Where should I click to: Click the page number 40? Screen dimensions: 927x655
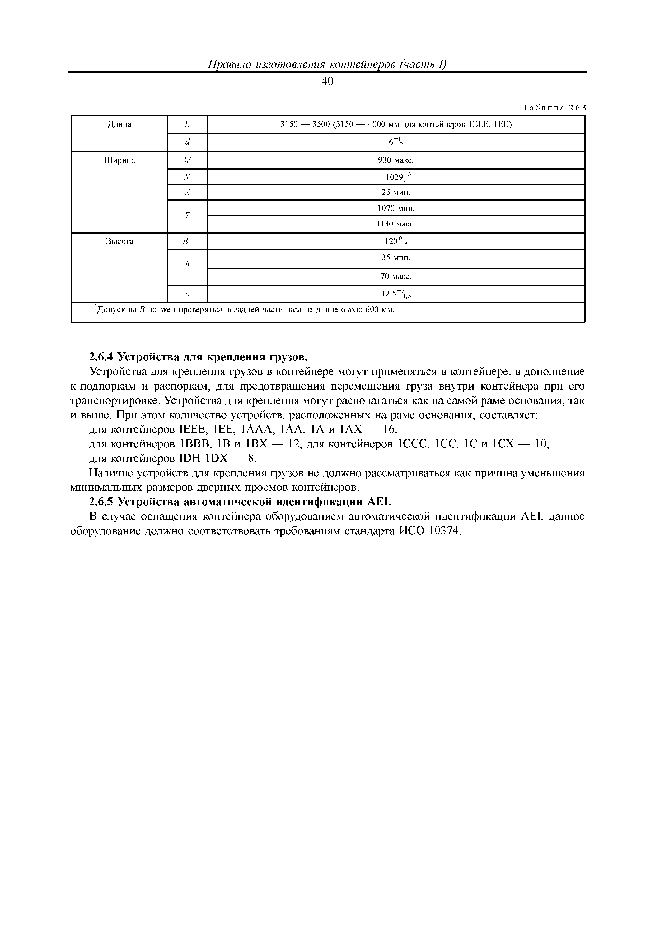(327, 81)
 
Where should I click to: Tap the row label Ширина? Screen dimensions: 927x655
(119, 160)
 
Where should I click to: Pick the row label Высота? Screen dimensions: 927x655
(119, 242)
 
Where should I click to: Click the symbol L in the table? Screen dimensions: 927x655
(187, 124)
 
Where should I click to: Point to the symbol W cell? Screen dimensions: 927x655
(187, 160)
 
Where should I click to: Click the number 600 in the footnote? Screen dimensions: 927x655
(372, 310)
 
